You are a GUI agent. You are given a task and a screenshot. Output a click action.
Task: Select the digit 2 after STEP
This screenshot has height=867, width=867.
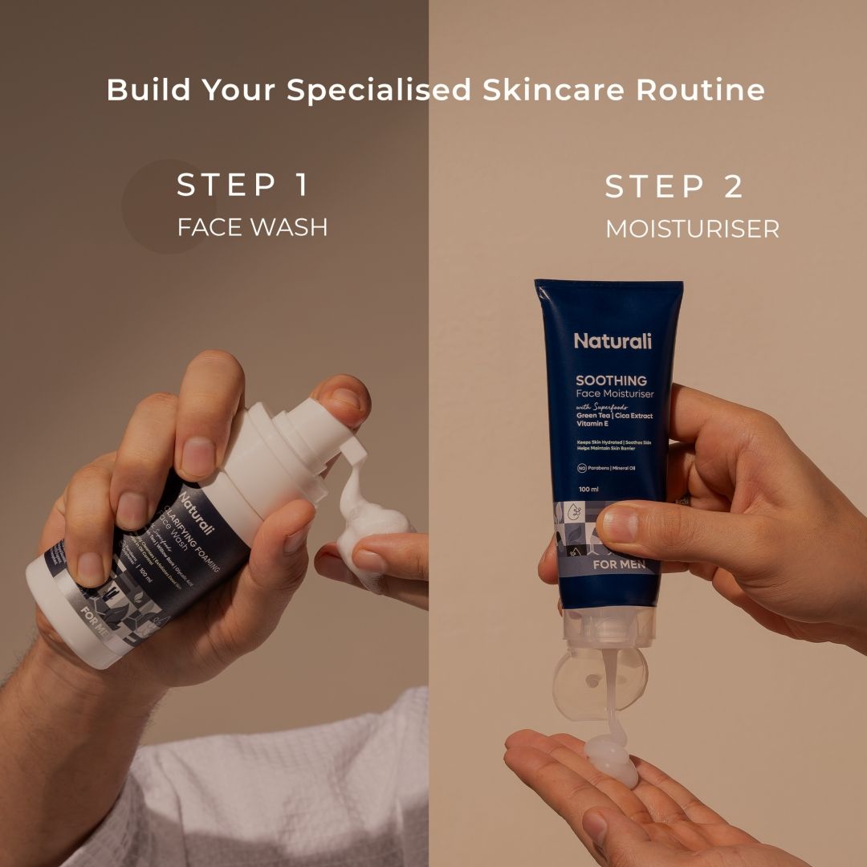tap(733, 187)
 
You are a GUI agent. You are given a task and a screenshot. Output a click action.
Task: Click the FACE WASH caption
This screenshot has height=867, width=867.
tap(252, 227)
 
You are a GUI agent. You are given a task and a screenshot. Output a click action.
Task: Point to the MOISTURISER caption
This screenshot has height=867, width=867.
tap(692, 229)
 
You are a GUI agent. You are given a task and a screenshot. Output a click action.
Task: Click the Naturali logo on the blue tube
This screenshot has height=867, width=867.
tap(613, 341)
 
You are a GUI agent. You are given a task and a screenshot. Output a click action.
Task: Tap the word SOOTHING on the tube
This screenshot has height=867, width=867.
tap(611, 381)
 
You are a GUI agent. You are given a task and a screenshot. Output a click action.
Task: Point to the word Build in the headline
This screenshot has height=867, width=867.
tap(148, 90)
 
